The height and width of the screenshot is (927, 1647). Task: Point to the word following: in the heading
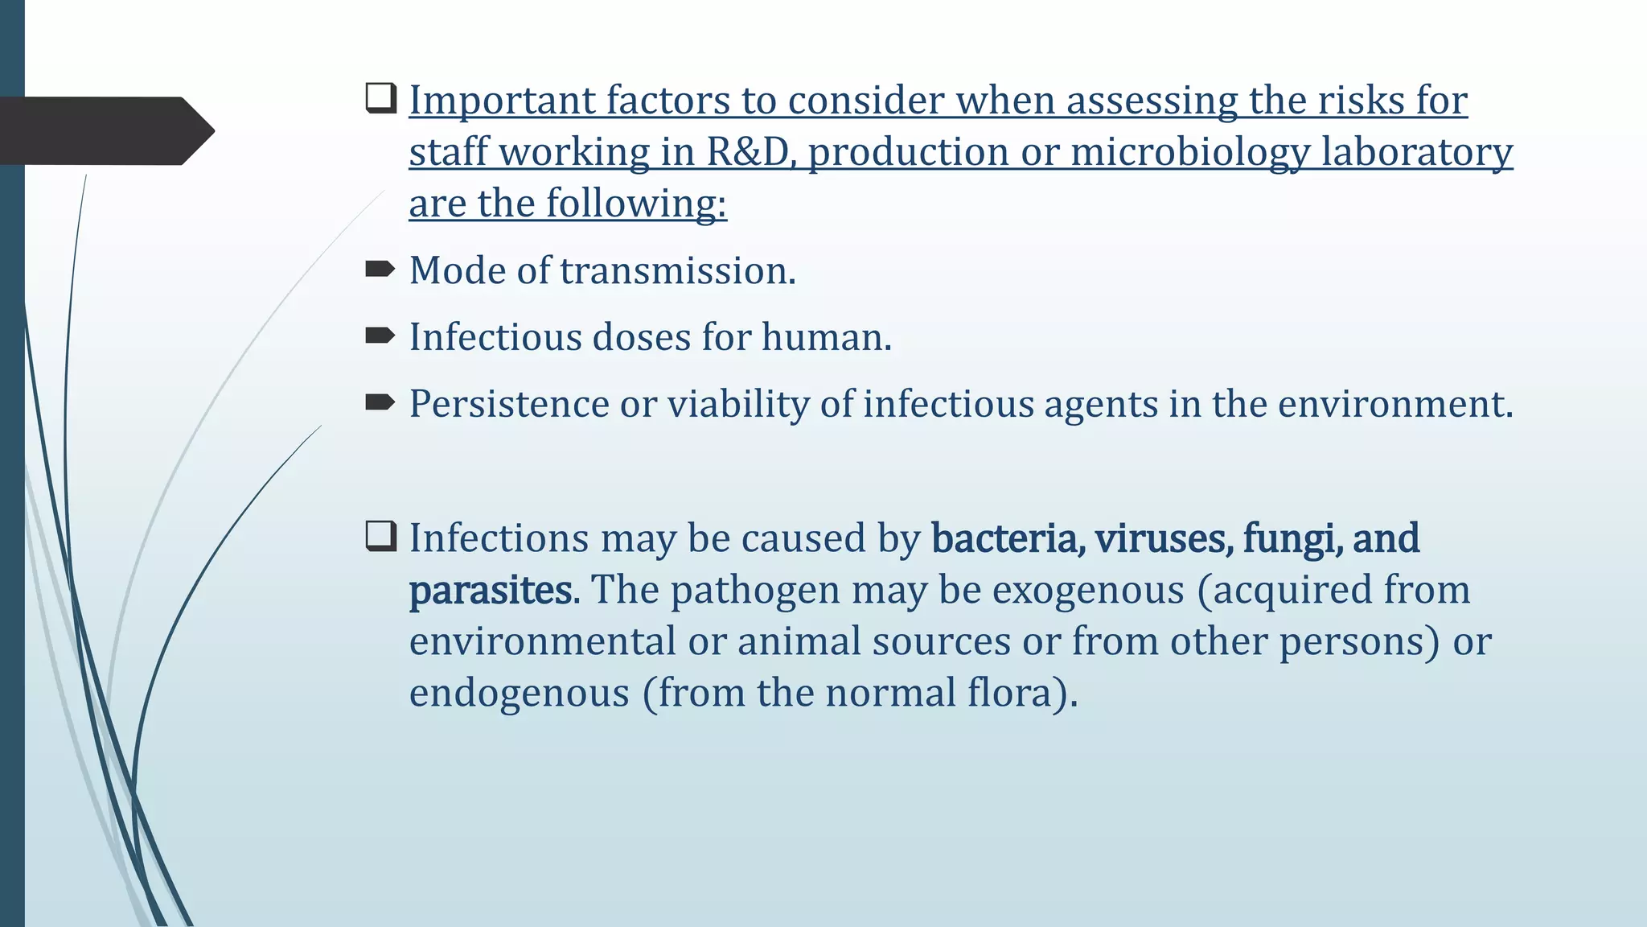click(637, 204)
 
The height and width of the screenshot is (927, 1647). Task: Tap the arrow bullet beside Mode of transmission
click(380, 269)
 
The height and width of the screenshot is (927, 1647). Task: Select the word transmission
click(677, 270)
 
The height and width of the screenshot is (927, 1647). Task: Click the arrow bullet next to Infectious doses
click(380, 336)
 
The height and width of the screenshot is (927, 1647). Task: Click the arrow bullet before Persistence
click(380, 402)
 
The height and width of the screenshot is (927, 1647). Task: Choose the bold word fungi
click(1292, 538)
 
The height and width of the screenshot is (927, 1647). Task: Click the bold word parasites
click(492, 591)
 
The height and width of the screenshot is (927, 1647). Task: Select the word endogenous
click(519, 694)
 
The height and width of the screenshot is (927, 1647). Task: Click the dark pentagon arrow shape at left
click(105, 131)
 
